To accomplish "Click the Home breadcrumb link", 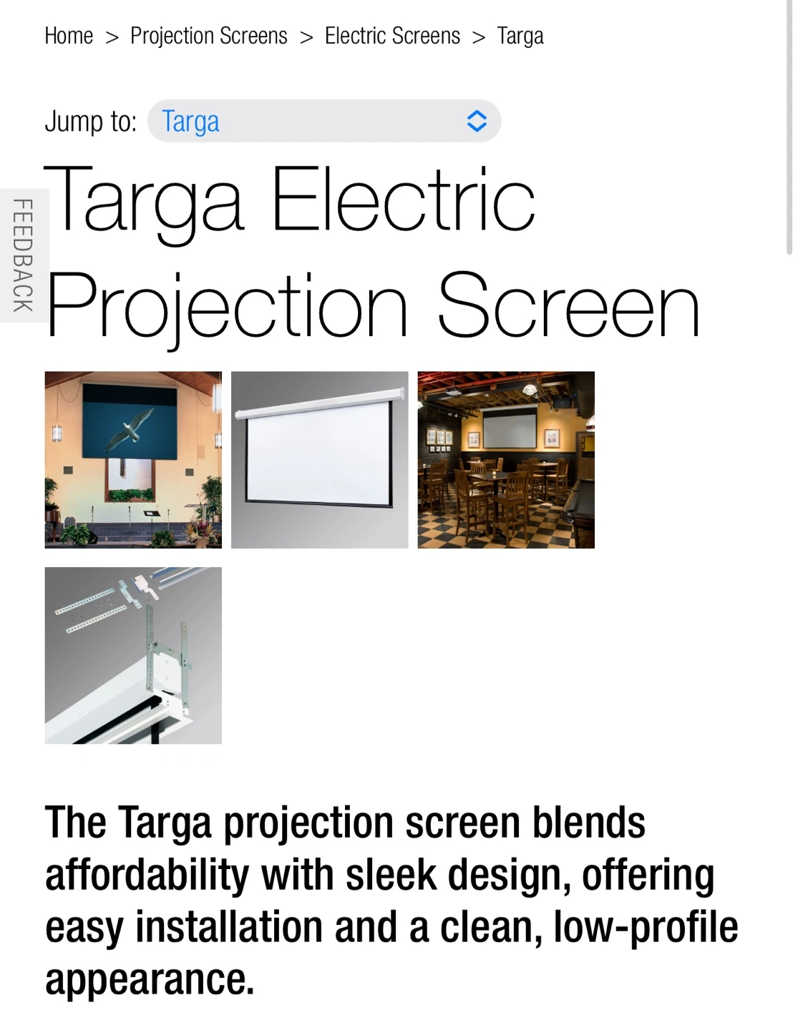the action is click(69, 36).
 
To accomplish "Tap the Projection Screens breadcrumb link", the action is click(209, 36).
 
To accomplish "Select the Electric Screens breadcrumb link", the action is click(392, 36).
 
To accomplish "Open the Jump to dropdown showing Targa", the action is click(323, 121).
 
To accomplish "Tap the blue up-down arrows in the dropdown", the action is click(477, 121).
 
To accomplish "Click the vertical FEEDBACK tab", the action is click(24, 255).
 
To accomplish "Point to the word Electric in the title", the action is click(403, 199).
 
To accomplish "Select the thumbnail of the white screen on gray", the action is click(320, 460).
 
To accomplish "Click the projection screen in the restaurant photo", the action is click(510, 428).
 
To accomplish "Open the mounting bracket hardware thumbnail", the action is click(133, 655).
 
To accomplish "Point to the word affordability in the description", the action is click(147, 875).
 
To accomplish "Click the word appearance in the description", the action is click(150, 980).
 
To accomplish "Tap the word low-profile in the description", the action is click(646, 927).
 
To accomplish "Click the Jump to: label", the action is click(91, 122).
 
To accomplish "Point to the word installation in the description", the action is click(229, 927).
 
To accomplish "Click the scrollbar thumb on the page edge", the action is click(789, 128).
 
